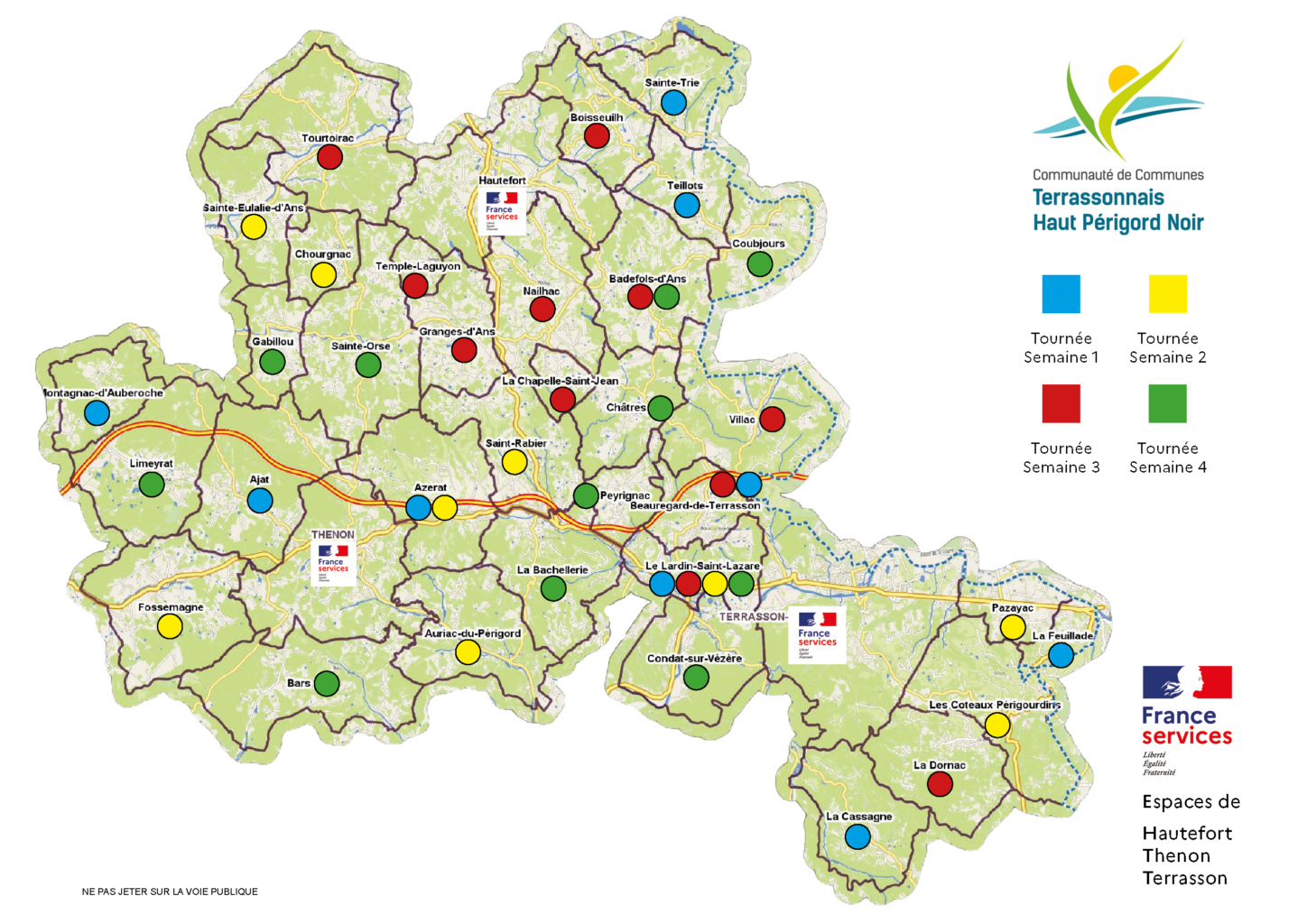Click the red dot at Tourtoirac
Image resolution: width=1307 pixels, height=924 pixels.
[x=329, y=157]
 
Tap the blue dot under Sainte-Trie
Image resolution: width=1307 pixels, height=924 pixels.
[x=673, y=103]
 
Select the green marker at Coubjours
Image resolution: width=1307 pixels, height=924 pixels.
[x=760, y=264]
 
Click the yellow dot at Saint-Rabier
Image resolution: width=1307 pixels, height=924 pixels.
[x=514, y=462]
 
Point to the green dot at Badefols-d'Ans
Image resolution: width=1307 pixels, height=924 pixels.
[x=667, y=296]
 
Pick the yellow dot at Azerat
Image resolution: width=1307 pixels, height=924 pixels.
[x=445, y=508]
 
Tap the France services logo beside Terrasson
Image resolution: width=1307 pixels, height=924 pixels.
[x=817, y=636]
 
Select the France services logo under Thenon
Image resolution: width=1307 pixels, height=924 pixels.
[x=332, y=564]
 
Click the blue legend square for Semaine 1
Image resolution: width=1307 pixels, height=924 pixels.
[x=1061, y=294]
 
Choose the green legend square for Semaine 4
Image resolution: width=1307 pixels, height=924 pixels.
[x=1167, y=403]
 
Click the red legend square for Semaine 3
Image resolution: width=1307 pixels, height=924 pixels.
[x=1061, y=403]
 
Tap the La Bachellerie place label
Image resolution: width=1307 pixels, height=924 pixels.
[x=552, y=570]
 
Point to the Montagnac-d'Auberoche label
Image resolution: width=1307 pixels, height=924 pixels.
[x=104, y=393]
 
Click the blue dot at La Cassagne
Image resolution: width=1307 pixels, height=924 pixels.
[x=857, y=837]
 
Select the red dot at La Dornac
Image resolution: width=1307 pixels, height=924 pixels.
[x=940, y=784]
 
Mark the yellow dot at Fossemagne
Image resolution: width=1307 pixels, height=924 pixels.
[x=170, y=626]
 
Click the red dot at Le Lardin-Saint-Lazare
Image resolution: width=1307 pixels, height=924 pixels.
[x=689, y=584]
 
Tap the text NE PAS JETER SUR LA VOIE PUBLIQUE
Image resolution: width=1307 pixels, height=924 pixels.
[x=170, y=892]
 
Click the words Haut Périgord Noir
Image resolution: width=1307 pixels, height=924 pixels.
[x=1118, y=223]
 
